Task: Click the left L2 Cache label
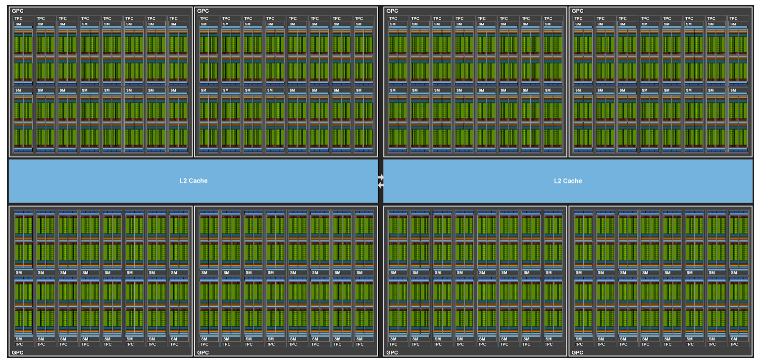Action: pyautogui.click(x=194, y=181)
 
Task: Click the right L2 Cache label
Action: pyautogui.click(x=568, y=181)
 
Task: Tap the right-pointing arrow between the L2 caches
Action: pyautogui.click(x=381, y=177)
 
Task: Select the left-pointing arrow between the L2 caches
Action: pyautogui.click(x=381, y=185)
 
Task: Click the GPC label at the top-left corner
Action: pyautogui.click(x=17, y=11)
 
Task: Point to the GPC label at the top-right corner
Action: pyautogui.click(x=577, y=11)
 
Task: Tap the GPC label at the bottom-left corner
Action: pyautogui.click(x=17, y=353)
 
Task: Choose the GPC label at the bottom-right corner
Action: pyautogui.click(x=577, y=353)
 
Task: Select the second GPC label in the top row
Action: pyautogui.click(x=203, y=11)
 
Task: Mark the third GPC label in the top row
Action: pyautogui.click(x=392, y=11)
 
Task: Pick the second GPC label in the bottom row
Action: pyautogui.click(x=203, y=353)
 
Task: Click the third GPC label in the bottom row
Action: pyautogui.click(x=392, y=353)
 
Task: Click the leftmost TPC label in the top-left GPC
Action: pyautogui.click(x=18, y=19)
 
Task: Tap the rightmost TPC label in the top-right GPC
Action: pyautogui.click(x=733, y=19)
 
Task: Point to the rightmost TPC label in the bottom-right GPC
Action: pyautogui.click(x=734, y=344)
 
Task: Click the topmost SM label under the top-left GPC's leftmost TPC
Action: pyautogui.click(x=18, y=24)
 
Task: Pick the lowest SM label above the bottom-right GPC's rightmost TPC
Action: pyautogui.click(x=734, y=339)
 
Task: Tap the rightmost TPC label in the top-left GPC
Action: pyautogui.click(x=173, y=19)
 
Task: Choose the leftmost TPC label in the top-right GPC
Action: pyautogui.click(x=578, y=19)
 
